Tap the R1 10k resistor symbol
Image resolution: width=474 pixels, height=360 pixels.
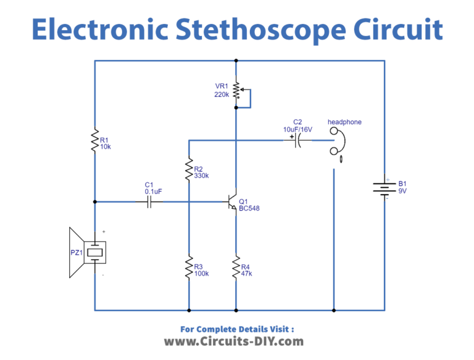coord(94,140)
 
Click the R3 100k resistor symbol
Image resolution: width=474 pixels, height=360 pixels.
coord(188,268)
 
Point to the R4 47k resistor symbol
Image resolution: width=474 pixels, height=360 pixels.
coord(236,268)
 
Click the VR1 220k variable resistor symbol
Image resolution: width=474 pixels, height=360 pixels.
coord(236,90)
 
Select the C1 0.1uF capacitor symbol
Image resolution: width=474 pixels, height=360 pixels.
coord(149,202)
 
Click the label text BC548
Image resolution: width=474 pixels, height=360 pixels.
coord(249,209)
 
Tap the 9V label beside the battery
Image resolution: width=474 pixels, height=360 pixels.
coord(403,191)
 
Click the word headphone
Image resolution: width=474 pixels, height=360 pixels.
coord(344,122)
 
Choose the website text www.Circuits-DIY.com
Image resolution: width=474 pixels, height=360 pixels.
coord(233,341)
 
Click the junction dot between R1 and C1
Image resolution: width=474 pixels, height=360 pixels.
coord(94,202)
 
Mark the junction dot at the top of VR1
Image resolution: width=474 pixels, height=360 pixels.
coord(236,61)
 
